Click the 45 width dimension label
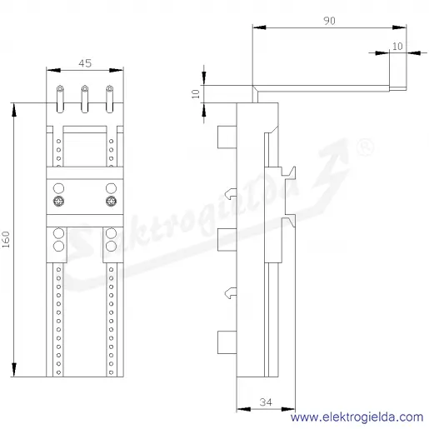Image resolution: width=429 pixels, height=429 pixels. [85, 63]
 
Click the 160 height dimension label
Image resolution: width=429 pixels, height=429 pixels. [6, 239]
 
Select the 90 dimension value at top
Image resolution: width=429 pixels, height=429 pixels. [329, 21]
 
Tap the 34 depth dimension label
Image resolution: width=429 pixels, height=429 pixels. [266, 402]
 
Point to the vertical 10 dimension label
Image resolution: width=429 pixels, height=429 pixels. [196, 94]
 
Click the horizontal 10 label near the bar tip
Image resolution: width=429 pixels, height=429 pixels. [397, 47]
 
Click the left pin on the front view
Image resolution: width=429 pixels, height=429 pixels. [60, 99]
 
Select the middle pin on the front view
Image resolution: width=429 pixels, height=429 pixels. [85, 99]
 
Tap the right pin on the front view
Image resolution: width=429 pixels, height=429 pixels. [110, 99]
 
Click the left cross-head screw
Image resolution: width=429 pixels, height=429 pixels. [58, 202]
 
